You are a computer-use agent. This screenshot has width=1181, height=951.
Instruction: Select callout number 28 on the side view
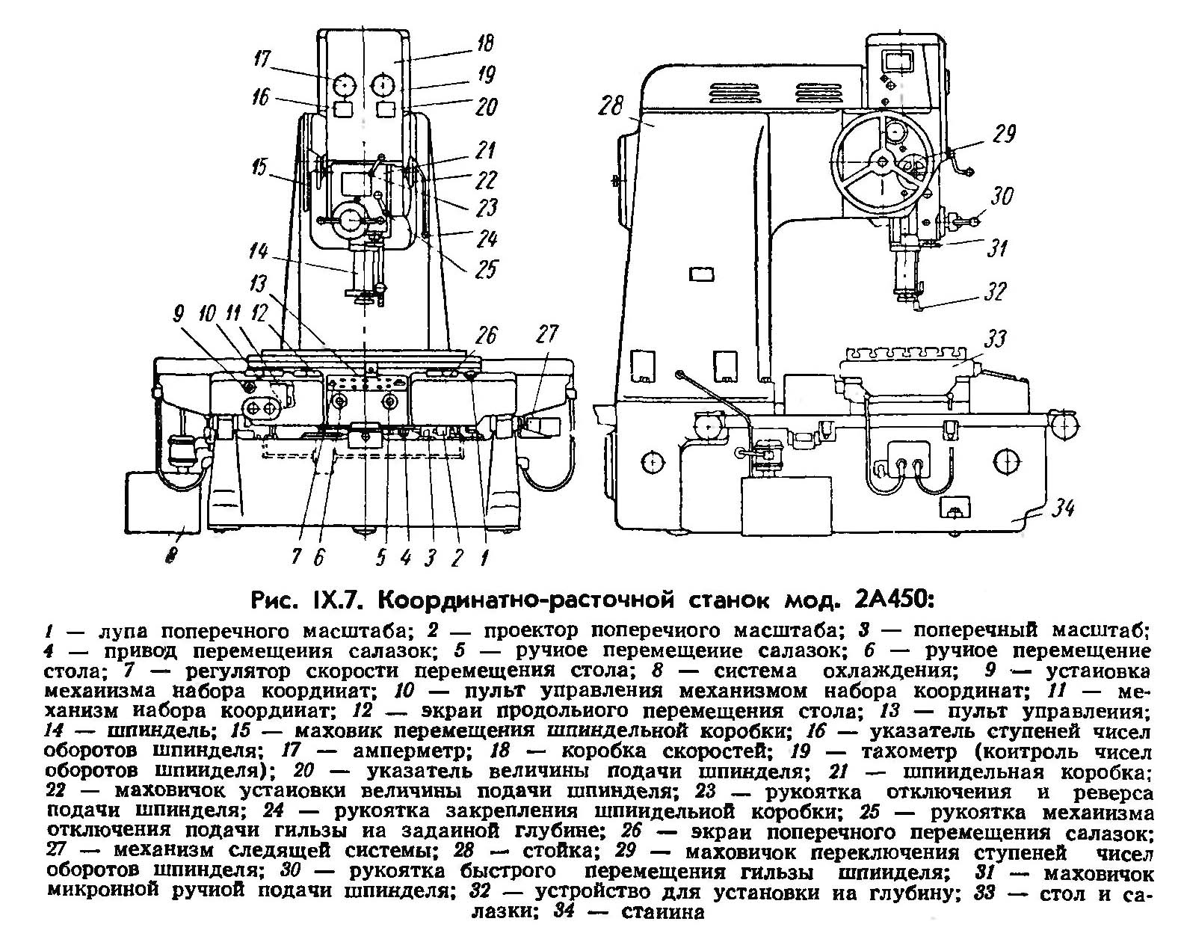coord(611,107)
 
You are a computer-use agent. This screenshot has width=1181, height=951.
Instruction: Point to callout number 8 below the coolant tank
coord(171,555)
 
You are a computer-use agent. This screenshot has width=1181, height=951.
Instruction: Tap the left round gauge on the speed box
coord(345,83)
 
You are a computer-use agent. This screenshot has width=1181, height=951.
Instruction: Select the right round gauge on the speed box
coord(386,83)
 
